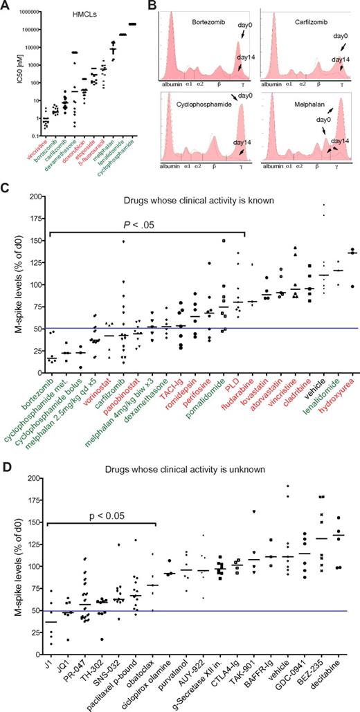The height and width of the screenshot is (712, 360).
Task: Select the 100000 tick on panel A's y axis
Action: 26,29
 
